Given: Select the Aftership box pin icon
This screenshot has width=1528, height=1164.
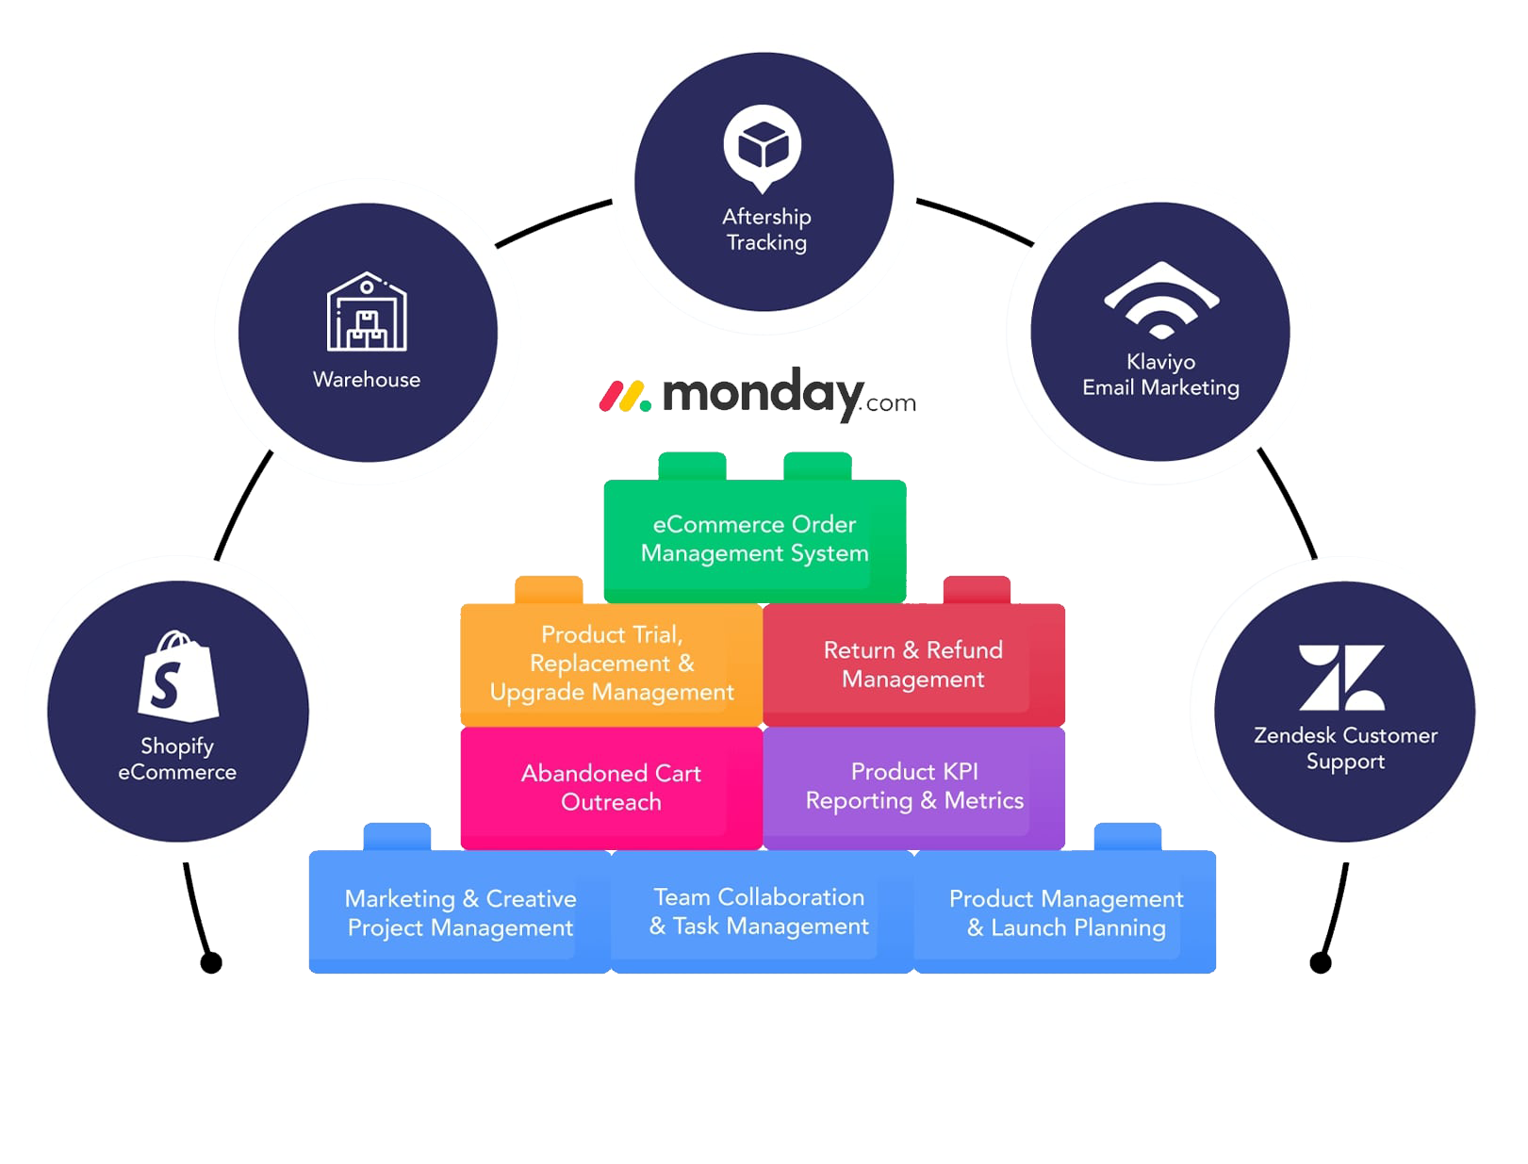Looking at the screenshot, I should pos(763,151).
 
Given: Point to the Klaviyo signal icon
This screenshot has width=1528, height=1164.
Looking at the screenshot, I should pos(1161,300).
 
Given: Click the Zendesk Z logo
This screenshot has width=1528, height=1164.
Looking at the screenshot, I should pos(1341,678).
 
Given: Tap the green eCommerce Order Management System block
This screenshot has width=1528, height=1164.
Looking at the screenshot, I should pos(754,539).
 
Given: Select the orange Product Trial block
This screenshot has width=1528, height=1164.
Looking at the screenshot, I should pos(611,664).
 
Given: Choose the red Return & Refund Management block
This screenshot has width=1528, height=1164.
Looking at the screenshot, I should pos(912,664).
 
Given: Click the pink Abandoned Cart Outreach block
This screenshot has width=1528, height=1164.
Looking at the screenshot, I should pos(611,788).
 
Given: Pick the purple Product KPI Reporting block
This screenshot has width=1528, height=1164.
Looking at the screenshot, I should pos(913,786).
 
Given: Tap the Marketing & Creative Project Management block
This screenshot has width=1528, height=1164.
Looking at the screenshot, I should pos(460,913).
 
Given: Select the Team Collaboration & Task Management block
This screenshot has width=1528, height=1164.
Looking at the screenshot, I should pos(760,912).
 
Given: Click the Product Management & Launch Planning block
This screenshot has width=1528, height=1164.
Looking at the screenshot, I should pos(1066,913).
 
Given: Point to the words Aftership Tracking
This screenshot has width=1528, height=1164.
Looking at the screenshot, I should pos(766,230).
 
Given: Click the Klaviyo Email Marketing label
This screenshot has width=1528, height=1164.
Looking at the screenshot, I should pos(1160,375).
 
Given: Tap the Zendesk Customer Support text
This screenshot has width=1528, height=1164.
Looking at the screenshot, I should pos(1345,748).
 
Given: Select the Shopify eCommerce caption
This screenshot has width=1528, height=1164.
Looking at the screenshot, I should pos(177,759).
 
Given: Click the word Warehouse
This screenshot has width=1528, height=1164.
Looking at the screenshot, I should pos(367,380).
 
